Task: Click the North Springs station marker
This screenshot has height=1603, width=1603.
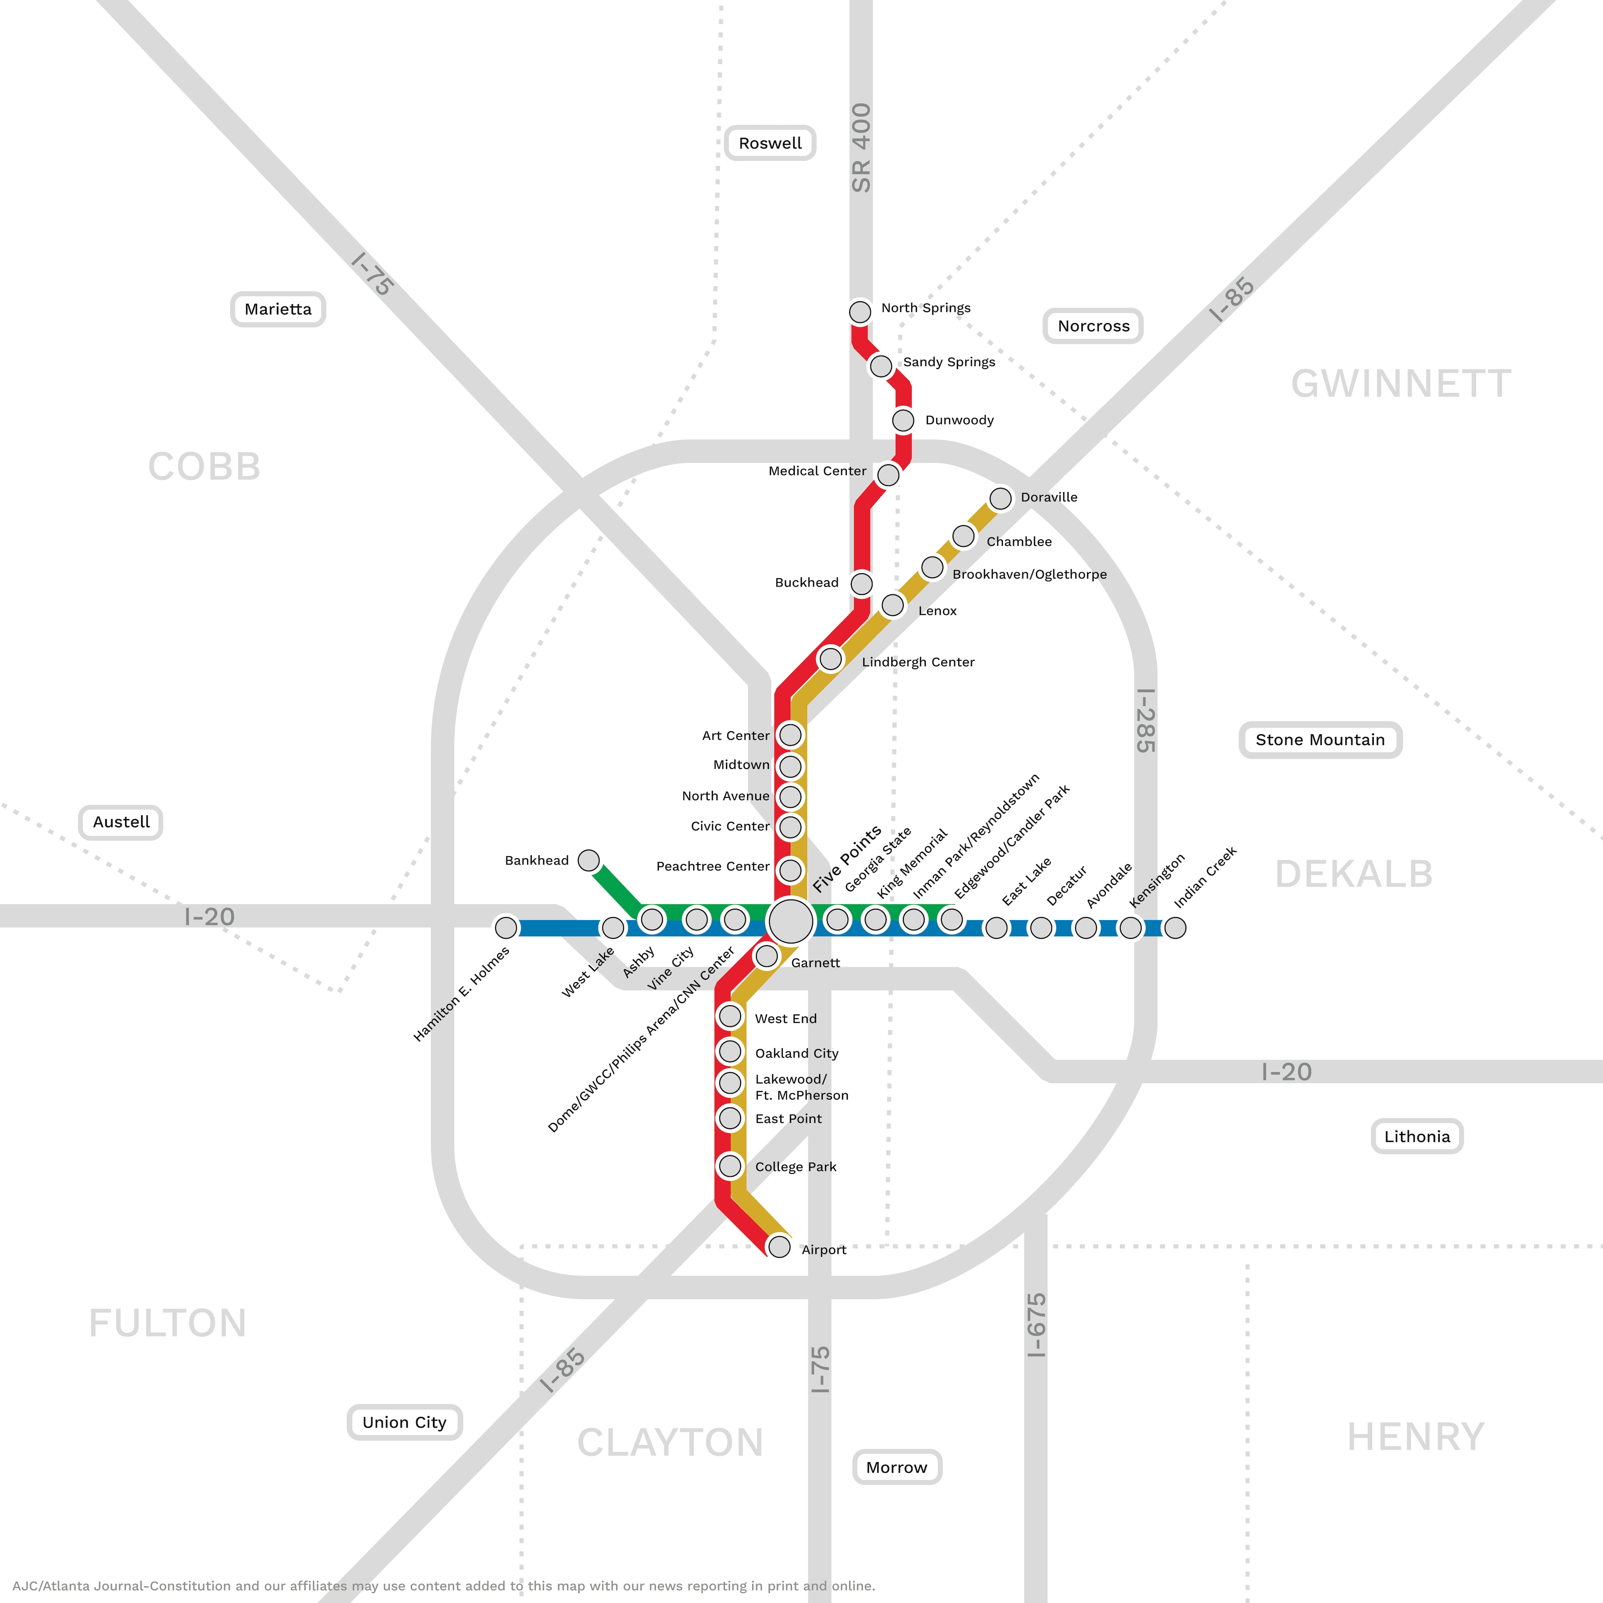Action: [860, 312]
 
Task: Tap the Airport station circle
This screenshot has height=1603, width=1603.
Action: [779, 1246]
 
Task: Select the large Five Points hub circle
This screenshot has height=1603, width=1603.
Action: [791, 921]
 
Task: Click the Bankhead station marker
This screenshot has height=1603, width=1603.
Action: [589, 860]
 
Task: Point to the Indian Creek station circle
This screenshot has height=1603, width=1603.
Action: [1175, 928]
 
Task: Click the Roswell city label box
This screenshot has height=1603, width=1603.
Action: [770, 143]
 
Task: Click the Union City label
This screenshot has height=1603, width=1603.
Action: [404, 1422]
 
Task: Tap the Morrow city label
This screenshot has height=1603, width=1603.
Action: [897, 1467]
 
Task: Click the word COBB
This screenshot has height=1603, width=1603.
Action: [204, 466]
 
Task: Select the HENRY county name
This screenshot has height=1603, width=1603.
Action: [1416, 1437]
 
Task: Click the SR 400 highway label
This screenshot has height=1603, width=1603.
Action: [861, 148]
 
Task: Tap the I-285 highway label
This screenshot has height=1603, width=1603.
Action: [1146, 720]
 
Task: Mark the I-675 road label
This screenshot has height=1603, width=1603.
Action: [1036, 1325]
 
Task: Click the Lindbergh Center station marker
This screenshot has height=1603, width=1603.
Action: [831, 660]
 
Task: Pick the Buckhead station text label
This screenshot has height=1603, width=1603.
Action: [807, 582]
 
